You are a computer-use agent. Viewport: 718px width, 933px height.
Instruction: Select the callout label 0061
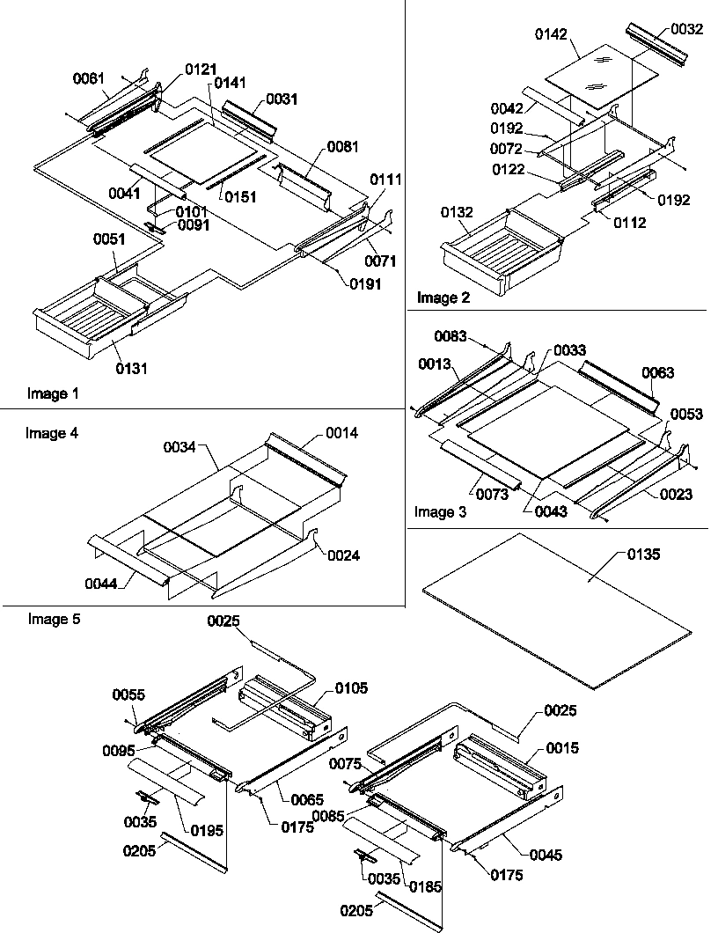[88, 78]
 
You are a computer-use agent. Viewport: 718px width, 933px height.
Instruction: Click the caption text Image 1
[53, 394]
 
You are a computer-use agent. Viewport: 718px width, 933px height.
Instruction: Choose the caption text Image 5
[54, 620]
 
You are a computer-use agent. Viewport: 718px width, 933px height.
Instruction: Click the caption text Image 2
[443, 298]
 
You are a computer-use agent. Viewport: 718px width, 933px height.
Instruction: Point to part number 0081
[342, 146]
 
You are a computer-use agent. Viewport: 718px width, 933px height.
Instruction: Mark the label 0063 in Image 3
[657, 373]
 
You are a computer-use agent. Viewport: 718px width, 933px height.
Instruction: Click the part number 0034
[179, 447]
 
